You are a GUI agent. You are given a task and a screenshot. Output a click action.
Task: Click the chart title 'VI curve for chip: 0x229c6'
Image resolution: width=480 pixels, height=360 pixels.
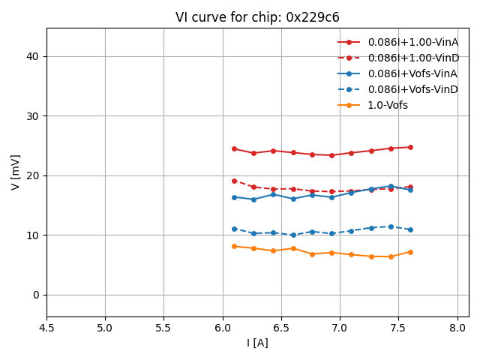tap(257, 17)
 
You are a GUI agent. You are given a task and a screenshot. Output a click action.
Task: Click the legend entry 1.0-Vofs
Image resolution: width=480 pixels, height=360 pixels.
tap(387, 105)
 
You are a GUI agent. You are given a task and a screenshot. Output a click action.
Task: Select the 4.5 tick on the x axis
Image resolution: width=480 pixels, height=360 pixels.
tap(46, 328)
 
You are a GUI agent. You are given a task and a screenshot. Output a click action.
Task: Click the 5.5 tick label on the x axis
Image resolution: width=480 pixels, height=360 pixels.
tap(163, 328)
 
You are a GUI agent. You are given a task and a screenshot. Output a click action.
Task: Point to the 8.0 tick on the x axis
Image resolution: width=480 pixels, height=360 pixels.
tap(457, 328)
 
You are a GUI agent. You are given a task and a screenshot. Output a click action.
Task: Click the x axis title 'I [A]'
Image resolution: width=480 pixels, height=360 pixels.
tap(257, 343)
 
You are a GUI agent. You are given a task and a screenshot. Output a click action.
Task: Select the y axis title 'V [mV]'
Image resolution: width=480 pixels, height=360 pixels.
tap(16, 172)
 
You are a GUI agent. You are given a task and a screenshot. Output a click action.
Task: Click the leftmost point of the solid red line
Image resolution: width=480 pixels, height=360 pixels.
tap(234, 148)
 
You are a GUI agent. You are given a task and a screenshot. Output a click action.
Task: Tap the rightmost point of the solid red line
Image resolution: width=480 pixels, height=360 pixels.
tap(410, 147)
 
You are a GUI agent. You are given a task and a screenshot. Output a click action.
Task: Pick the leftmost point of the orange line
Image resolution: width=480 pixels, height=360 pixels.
tap(234, 246)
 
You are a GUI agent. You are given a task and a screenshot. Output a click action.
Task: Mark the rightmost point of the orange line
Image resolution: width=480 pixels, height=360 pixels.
tap(410, 252)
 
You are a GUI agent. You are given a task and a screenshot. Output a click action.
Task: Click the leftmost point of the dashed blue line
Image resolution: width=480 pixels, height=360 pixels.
tap(234, 229)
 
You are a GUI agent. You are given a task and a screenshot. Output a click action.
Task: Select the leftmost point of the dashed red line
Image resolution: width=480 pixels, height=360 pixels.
tap(234, 181)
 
